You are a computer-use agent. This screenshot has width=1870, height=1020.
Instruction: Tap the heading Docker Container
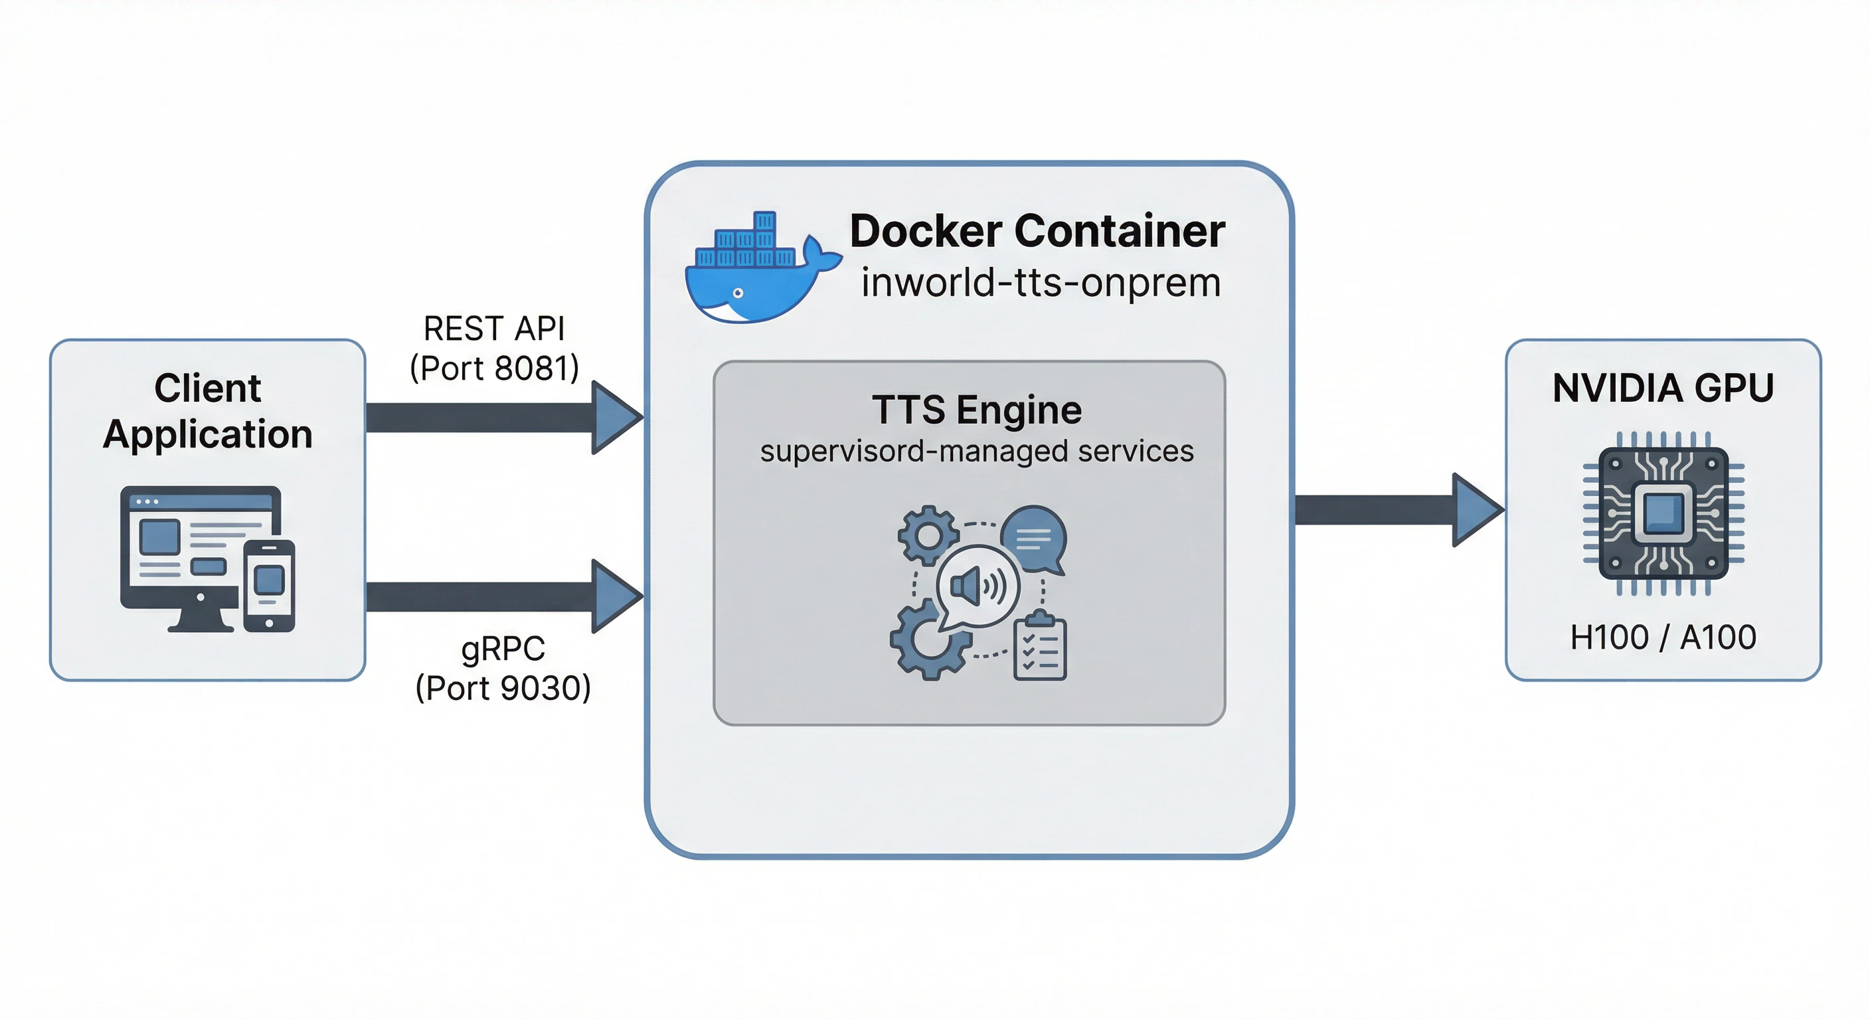click(x=1037, y=232)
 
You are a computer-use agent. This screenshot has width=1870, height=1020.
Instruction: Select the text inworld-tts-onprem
click(x=1041, y=282)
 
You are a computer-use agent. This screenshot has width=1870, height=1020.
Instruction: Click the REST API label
click(x=493, y=329)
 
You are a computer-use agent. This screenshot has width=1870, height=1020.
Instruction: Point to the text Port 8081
click(x=494, y=369)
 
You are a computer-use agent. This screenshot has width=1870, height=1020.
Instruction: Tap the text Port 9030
click(x=503, y=688)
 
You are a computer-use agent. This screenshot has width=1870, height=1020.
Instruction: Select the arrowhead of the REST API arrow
click(x=615, y=418)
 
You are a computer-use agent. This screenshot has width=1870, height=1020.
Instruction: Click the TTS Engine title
click(x=976, y=410)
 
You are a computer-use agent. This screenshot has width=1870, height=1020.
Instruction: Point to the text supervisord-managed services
click(x=976, y=452)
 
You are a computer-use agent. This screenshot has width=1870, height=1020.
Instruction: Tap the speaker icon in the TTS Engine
click(x=977, y=586)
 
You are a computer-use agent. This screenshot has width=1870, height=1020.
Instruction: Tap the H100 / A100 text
click(x=1662, y=637)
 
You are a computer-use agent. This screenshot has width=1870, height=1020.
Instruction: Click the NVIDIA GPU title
click(x=1662, y=388)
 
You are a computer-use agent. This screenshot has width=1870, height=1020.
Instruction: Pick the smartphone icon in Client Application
click(x=270, y=585)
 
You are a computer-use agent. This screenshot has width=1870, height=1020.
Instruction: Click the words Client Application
click(x=208, y=411)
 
